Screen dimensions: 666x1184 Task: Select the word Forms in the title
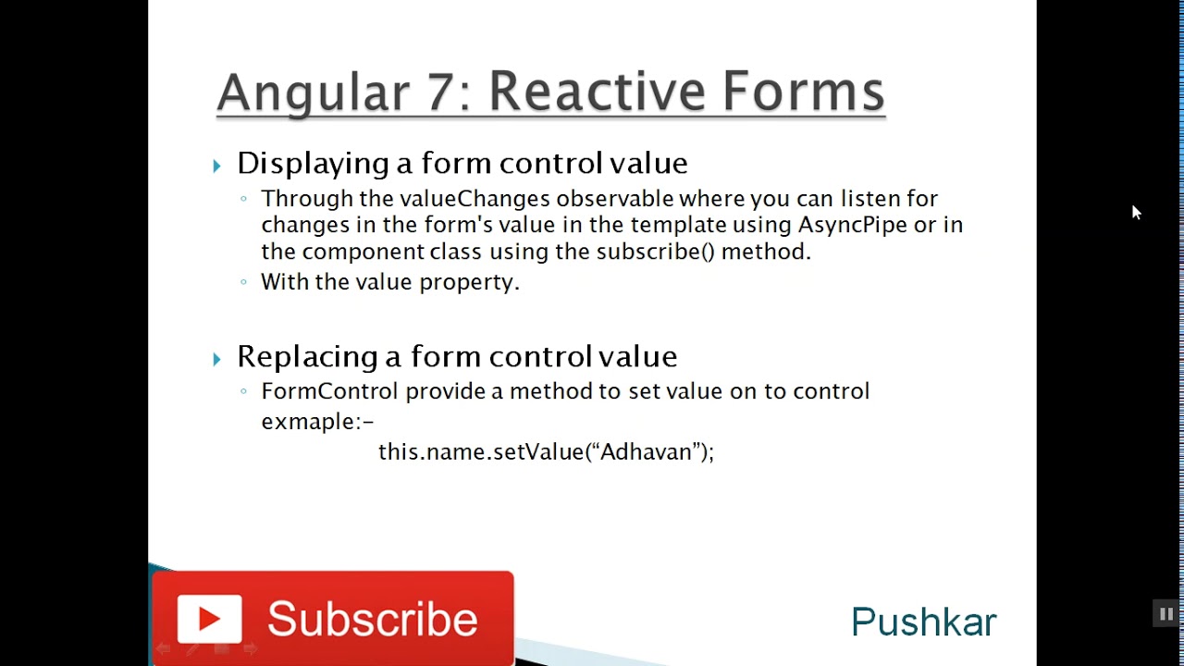pyautogui.click(x=803, y=92)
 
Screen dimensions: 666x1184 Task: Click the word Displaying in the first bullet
pyautogui.click(x=313, y=164)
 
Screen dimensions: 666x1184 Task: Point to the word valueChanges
pyautogui.click(x=475, y=198)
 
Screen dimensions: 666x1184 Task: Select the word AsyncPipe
pyautogui.click(x=853, y=225)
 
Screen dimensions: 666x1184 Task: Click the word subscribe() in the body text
pyautogui.click(x=655, y=252)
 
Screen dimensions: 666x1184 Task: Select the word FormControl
pyautogui.click(x=329, y=391)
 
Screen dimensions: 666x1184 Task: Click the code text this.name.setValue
pyautogui.click(x=481, y=451)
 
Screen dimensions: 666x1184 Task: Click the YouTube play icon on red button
pyautogui.click(x=209, y=619)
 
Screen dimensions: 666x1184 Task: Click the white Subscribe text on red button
pyautogui.click(x=373, y=620)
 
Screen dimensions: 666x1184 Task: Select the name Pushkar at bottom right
pyautogui.click(x=923, y=623)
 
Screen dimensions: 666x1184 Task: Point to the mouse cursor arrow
pyautogui.click(x=1136, y=212)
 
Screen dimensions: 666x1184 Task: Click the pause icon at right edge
pyautogui.click(x=1165, y=613)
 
